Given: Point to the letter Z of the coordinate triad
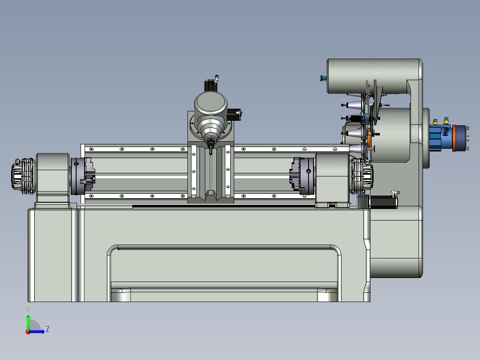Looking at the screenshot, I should point(47,329).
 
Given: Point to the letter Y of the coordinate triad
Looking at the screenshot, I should point(28,309).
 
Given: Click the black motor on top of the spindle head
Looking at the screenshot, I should point(211,85).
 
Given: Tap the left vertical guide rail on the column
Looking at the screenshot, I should point(194,172).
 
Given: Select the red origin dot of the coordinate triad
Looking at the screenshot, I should point(28,331).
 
